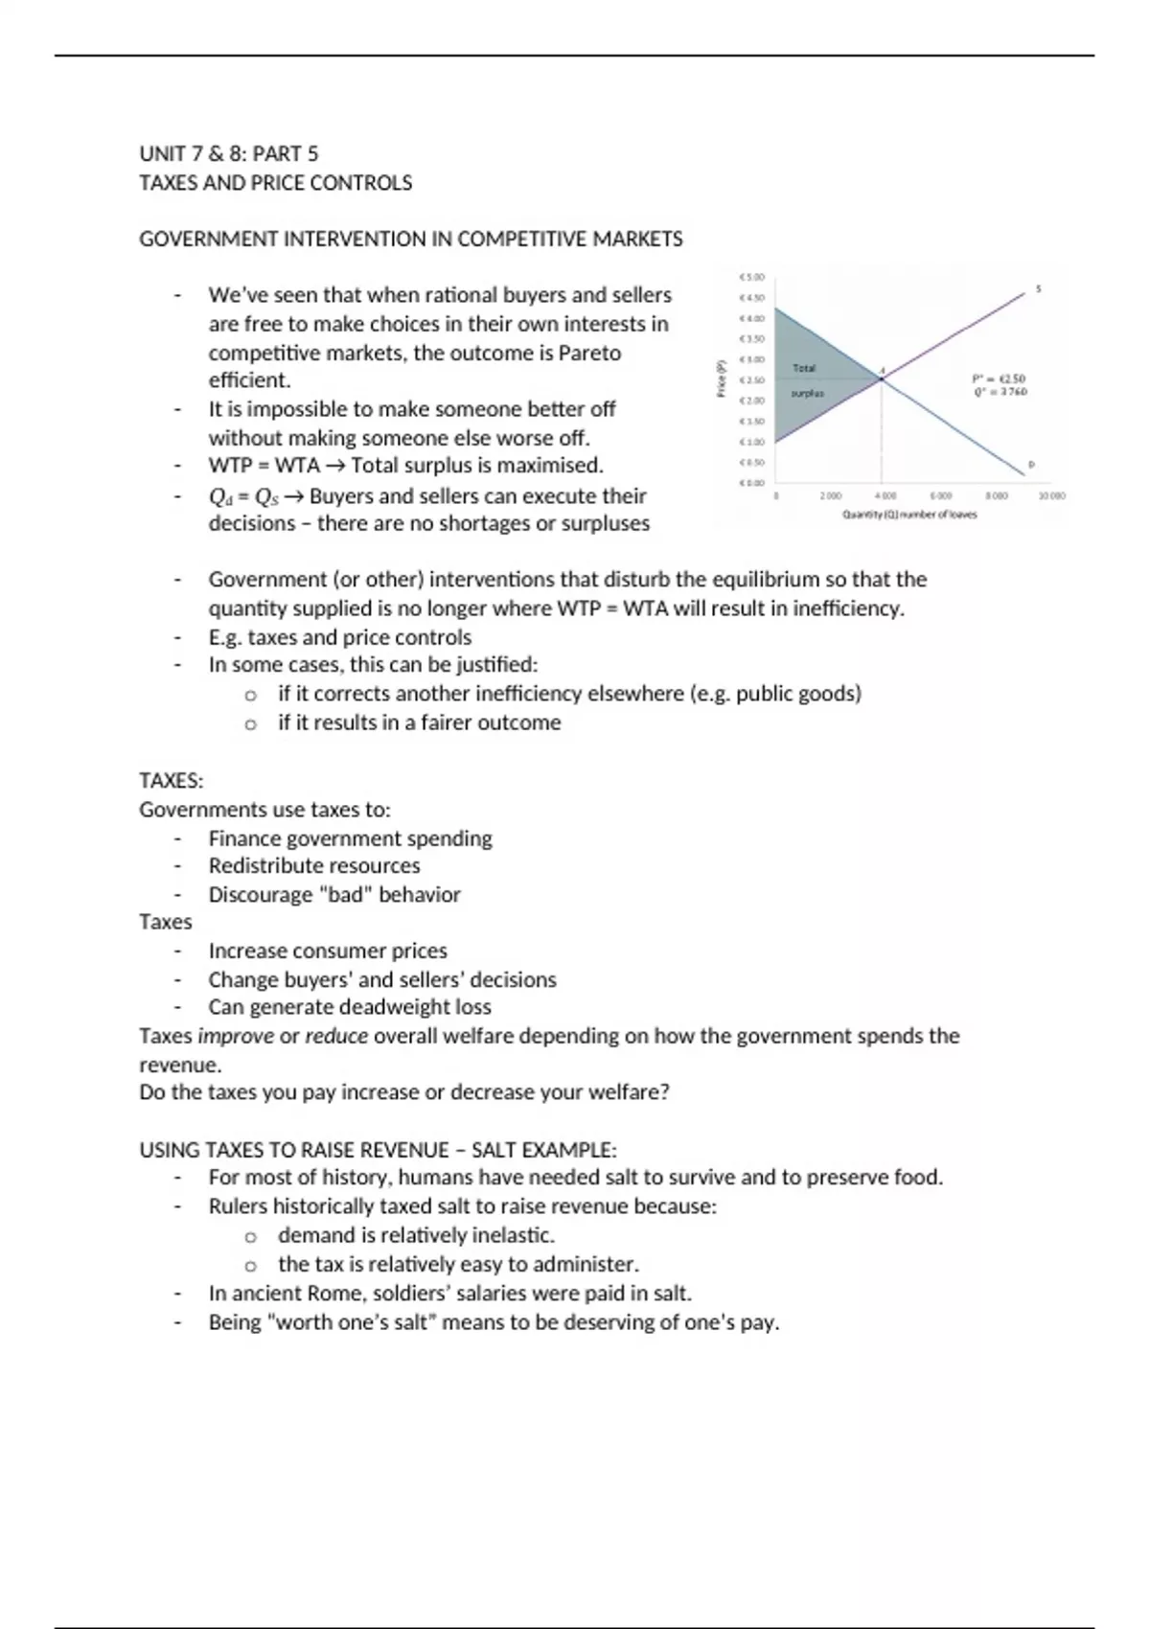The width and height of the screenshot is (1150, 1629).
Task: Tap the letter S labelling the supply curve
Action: pos(1039,288)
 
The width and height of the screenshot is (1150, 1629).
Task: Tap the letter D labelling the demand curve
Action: pos(1031,465)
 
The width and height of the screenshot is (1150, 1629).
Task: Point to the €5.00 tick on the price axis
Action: pos(751,278)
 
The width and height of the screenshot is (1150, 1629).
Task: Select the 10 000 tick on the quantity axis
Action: pos(1051,496)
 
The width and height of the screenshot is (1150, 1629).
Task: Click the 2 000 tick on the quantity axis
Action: pos(830,496)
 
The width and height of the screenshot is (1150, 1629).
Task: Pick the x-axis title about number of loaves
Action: pos(909,515)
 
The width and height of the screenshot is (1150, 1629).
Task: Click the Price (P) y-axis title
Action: pos(723,378)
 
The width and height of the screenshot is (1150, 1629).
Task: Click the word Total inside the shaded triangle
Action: pos(804,368)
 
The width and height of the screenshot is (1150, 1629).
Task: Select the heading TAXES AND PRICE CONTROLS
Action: pos(276,183)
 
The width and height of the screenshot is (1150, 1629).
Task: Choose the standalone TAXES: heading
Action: pos(172,781)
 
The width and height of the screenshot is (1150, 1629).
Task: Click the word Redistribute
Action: pos(264,866)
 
